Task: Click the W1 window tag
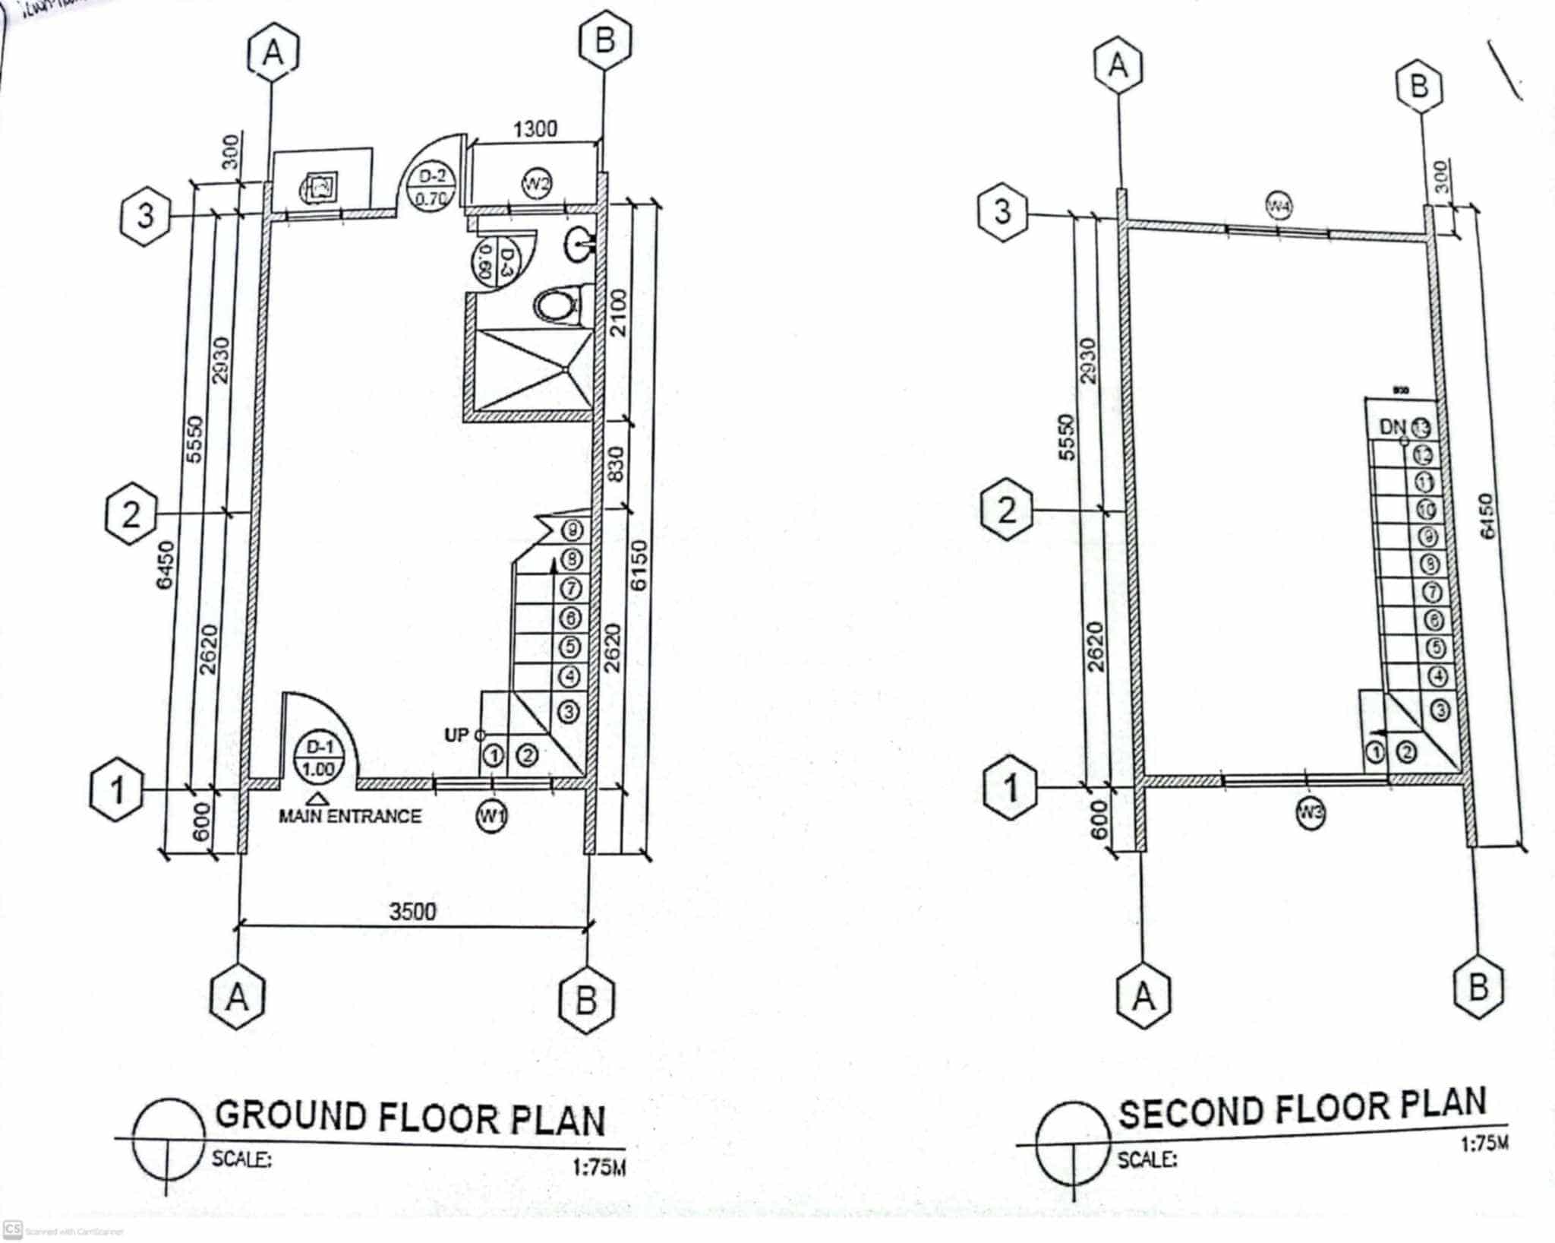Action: (492, 817)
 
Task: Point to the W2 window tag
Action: (537, 183)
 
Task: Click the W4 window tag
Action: (1279, 204)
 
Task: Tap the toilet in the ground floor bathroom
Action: (559, 305)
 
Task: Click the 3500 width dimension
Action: (413, 911)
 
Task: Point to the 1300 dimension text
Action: (535, 129)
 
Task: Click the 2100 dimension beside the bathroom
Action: (619, 312)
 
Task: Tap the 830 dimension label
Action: (617, 463)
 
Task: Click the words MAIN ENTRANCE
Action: (350, 816)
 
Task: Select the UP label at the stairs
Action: (457, 735)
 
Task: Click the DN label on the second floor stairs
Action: (1393, 427)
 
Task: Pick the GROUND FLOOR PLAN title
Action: (410, 1118)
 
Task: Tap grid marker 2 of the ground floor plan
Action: (131, 515)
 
